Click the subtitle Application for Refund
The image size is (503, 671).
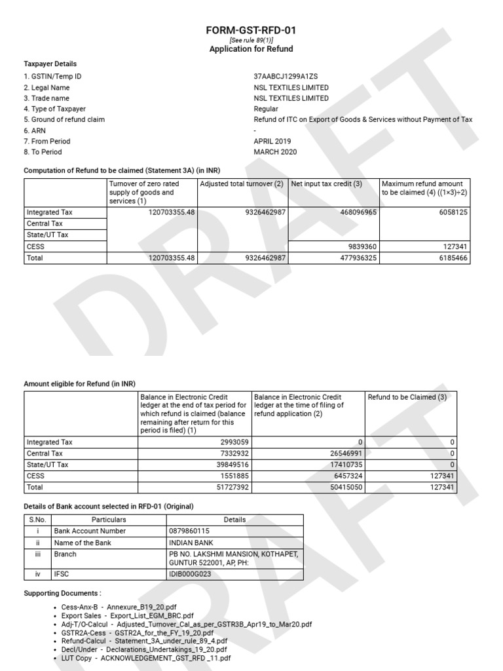(251, 49)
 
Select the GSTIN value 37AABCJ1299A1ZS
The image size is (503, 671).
(286, 77)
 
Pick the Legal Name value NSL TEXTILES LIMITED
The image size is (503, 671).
(291, 87)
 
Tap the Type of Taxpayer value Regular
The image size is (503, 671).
(266, 109)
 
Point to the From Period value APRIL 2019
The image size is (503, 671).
(272, 141)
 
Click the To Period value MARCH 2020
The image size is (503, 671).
(275, 151)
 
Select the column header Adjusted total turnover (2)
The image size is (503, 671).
(242, 184)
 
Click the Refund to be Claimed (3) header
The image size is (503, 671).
(407, 397)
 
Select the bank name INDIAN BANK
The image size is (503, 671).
(189, 543)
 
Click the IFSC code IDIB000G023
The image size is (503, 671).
(190, 575)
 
